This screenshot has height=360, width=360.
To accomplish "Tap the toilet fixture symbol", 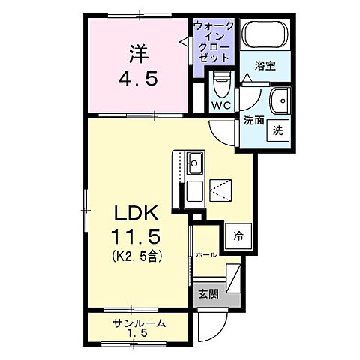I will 220,82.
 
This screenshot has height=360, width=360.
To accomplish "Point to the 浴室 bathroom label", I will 265,65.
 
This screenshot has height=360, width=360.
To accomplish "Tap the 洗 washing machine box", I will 277,130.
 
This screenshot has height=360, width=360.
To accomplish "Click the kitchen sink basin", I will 195,161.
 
